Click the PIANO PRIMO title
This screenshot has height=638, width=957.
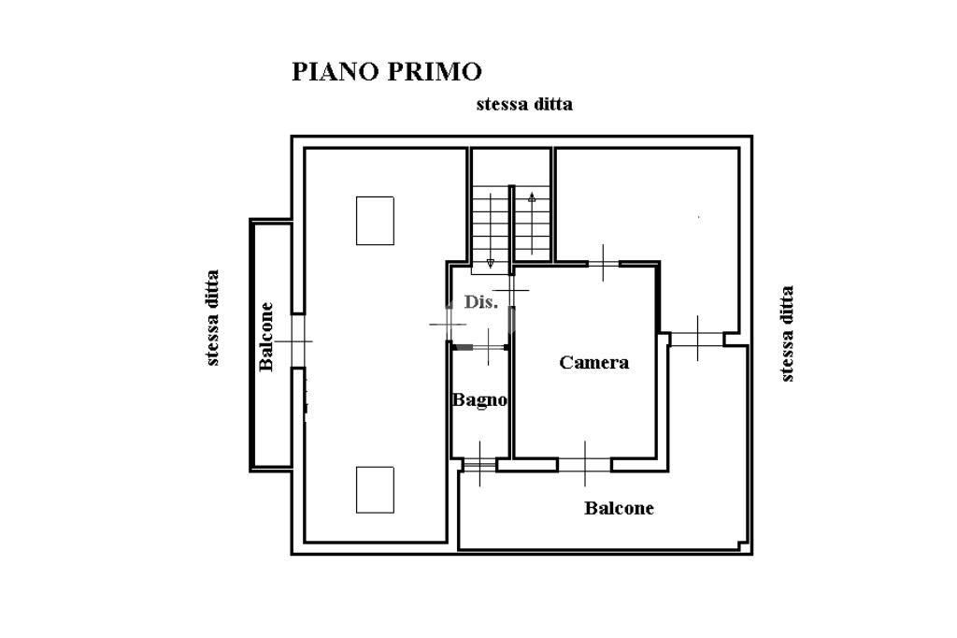[387, 71]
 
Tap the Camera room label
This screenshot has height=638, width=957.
[593, 362]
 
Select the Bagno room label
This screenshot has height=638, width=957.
[479, 400]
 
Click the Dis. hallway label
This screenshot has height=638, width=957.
[481, 301]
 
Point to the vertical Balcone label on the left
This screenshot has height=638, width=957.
[266, 337]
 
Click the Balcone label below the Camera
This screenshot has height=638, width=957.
[619, 508]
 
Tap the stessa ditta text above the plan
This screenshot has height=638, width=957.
[524, 104]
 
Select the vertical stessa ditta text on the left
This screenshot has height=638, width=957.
[212, 318]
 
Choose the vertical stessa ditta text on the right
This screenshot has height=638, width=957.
[787, 334]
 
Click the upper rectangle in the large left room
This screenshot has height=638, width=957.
[375, 221]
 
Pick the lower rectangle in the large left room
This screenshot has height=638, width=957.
[375, 490]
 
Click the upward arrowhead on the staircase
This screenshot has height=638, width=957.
[532, 197]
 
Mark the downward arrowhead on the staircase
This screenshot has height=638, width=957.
[490, 264]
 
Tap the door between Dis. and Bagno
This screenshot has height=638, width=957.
[489, 347]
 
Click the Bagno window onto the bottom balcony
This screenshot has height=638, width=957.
[479, 465]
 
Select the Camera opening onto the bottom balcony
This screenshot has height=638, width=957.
[585, 464]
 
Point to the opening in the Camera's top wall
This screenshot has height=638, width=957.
[604, 264]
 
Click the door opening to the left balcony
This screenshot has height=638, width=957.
[297, 341]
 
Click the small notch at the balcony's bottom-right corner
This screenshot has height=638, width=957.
[743, 545]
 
